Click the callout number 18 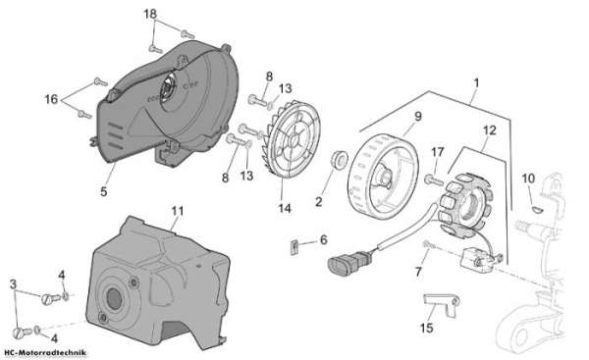click(150, 14)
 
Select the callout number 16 click(51, 99)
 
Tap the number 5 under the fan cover click(104, 191)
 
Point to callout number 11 click(178, 211)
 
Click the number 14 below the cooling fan click(285, 208)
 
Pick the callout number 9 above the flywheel click(418, 116)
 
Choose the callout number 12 click(490, 130)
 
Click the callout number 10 click(528, 178)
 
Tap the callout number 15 click(427, 328)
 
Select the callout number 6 click(324, 239)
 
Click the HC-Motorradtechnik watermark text click(45, 352)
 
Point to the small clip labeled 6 click(294, 248)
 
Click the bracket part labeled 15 click(442, 303)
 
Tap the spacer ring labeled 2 click(339, 159)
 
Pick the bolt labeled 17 click(434, 180)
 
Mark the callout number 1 click(476, 82)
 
